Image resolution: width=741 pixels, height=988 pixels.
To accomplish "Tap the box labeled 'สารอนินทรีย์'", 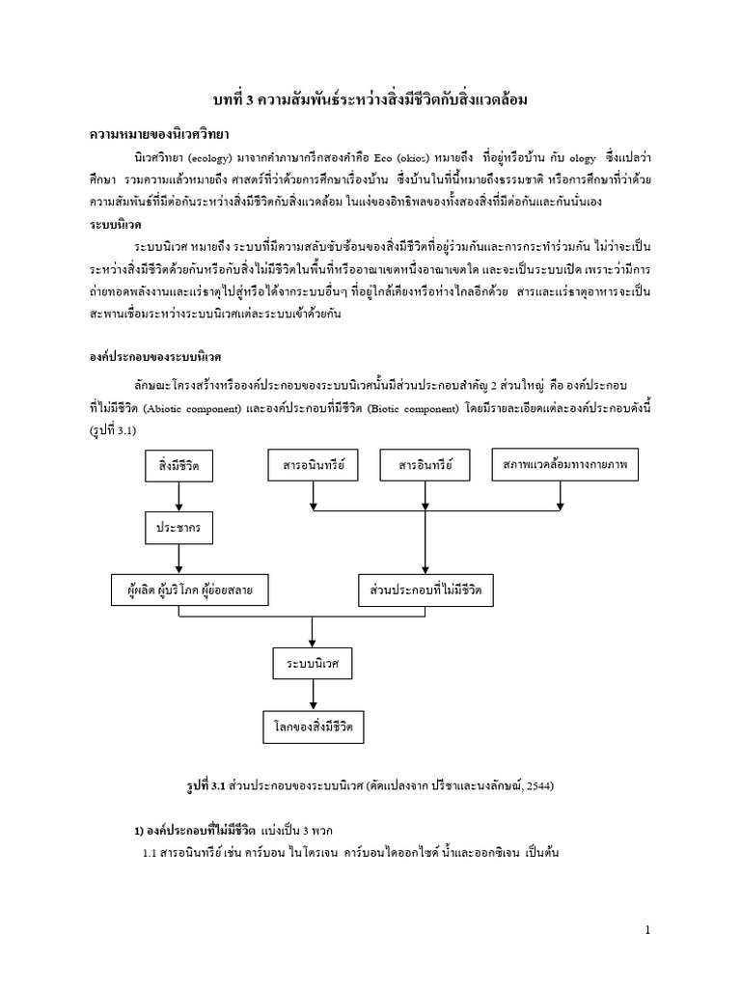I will coord(313,467).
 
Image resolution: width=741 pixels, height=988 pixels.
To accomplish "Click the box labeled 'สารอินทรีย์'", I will coord(425,467).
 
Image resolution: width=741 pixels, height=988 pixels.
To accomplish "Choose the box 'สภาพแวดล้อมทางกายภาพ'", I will coord(560,467).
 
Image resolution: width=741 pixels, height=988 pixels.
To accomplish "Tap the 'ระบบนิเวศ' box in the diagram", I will coord(312,665).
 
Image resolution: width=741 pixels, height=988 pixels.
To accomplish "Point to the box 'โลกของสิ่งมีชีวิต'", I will coord(312,726).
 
